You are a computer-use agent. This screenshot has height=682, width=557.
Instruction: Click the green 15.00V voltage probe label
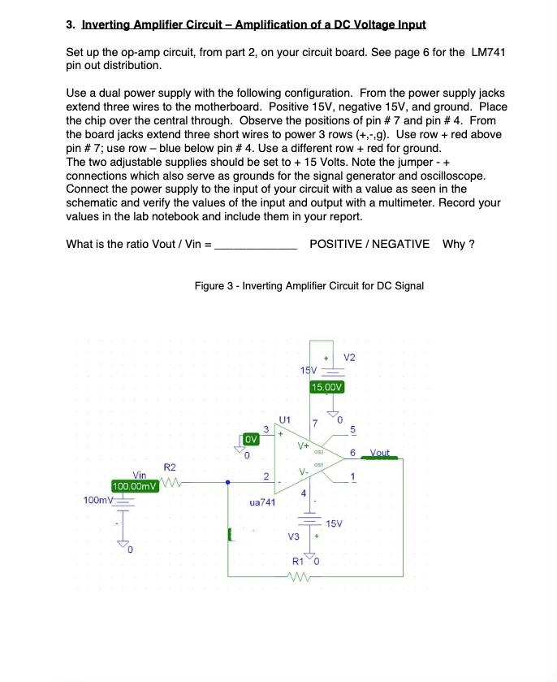(328, 387)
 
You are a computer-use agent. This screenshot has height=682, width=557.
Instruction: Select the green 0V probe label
(251, 439)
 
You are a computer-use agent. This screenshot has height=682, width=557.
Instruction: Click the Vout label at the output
(380, 453)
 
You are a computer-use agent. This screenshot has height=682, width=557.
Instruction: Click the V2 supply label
(350, 358)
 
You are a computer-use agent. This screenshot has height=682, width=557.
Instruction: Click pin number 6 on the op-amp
(353, 453)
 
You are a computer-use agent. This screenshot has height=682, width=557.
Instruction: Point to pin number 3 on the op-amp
(266, 429)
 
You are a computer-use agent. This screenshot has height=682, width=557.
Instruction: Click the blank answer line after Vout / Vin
(255, 245)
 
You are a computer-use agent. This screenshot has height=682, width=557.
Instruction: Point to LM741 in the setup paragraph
(489, 52)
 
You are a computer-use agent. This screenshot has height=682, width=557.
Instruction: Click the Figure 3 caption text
(309, 285)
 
